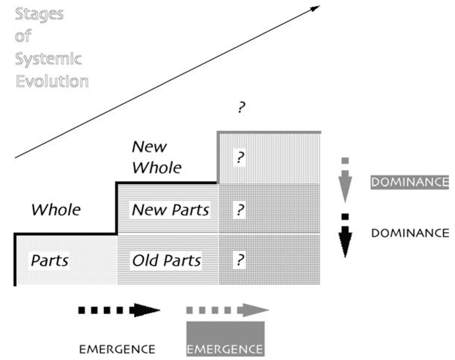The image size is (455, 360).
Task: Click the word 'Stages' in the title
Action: (x=39, y=14)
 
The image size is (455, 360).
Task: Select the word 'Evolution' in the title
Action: (x=51, y=81)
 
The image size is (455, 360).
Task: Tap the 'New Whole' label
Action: (x=157, y=157)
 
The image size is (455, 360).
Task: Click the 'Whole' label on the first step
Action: (x=56, y=210)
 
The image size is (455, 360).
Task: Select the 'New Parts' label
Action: (x=170, y=210)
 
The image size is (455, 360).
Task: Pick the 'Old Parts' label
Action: (x=166, y=260)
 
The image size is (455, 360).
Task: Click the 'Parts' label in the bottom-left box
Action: (x=50, y=260)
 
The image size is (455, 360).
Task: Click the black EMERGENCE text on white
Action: (x=118, y=349)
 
